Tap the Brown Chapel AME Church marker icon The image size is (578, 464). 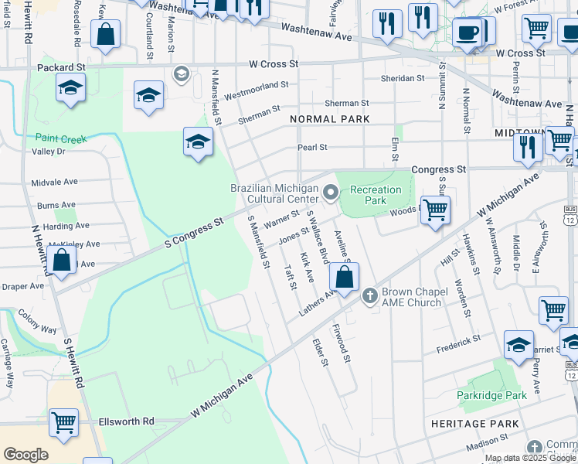tap(369, 295)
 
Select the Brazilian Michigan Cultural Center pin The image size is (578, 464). tap(331, 192)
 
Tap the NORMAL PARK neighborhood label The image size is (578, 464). tap(330, 119)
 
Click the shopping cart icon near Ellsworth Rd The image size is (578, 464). tap(63, 421)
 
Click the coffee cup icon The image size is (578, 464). tap(467, 32)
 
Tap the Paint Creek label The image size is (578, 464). tap(60, 138)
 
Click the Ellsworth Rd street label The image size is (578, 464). tap(127, 421)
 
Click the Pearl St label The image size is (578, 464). tap(313, 147)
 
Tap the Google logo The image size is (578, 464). tap(25, 455)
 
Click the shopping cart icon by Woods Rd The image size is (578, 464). tap(436, 208)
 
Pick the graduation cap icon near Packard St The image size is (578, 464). tap(70, 87)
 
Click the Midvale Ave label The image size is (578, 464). tap(55, 182)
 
